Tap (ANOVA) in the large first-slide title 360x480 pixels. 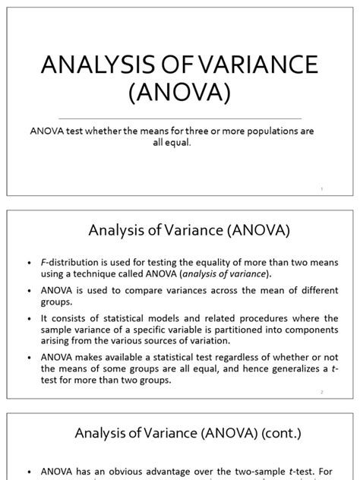click(x=180, y=96)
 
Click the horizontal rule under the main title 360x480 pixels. click(x=180, y=118)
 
